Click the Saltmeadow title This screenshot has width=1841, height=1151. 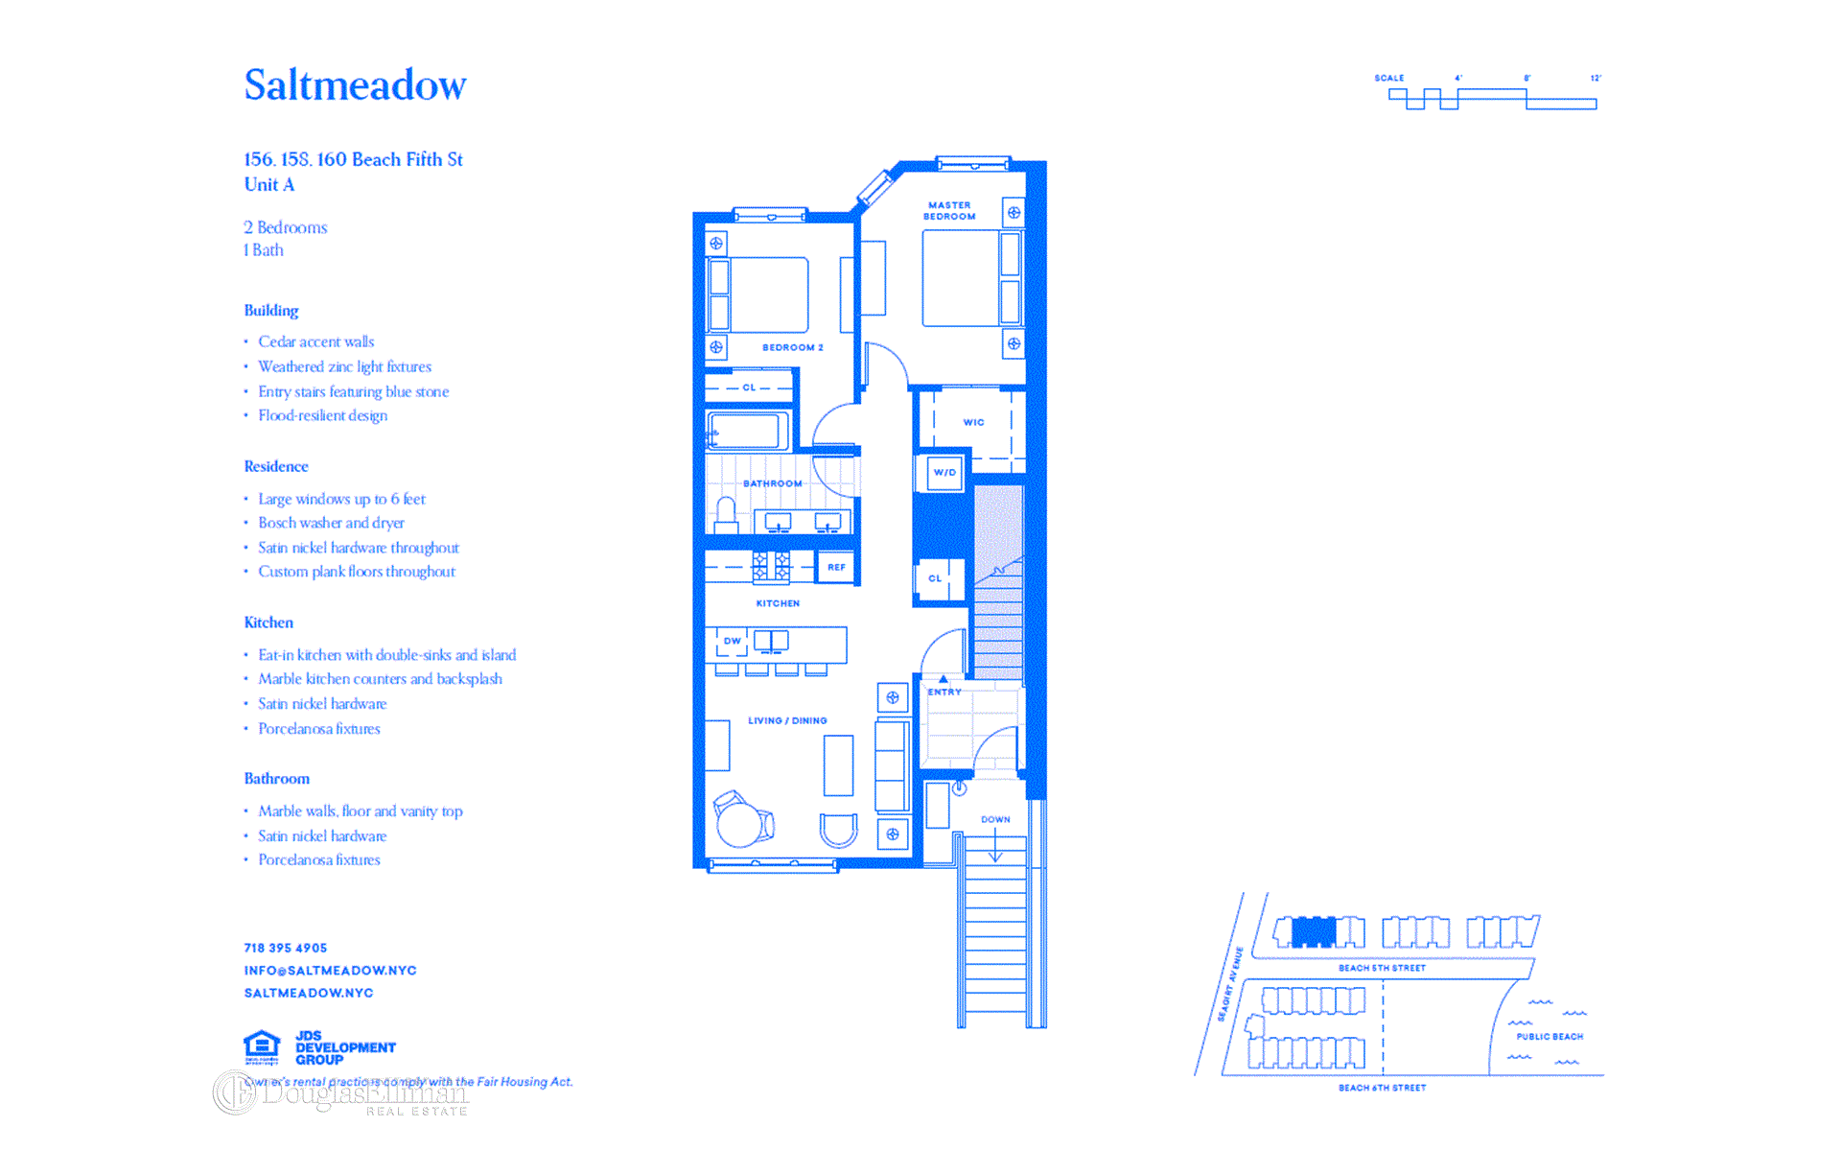click(x=355, y=85)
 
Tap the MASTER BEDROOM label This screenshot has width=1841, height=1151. click(x=949, y=211)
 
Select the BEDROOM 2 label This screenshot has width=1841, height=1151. click(x=792, y=347)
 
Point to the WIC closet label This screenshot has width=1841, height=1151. click(x=973, y=422)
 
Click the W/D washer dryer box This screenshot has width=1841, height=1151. click(x=944, y=472)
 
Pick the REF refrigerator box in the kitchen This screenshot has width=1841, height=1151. click(x=836, y=567)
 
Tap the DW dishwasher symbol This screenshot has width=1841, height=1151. click(x=732, y=641)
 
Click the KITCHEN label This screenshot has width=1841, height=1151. click(x=778, y=603)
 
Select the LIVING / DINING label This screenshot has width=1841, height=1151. click(x=787, y=720)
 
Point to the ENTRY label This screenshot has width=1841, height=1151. click(x=944, y=692)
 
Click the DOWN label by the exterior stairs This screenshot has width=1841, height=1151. click(x=995, y=819)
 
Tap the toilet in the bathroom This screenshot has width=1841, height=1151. click(x=726, y=515)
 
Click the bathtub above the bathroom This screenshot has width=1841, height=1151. click(x=748, y=430)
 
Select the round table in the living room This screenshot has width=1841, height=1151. click(x=739, y=824)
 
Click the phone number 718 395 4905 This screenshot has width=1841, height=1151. click(x=286, y=948)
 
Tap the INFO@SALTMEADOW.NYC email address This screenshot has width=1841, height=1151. click(x=330, y=971)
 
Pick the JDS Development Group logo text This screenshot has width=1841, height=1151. click(x=344, y=1047)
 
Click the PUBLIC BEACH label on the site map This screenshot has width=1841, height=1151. click(x=1550, y=1037)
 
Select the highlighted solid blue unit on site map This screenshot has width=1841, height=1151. click(x=1314, y=931)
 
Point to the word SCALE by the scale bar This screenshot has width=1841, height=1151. click(x=1388, y=79)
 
